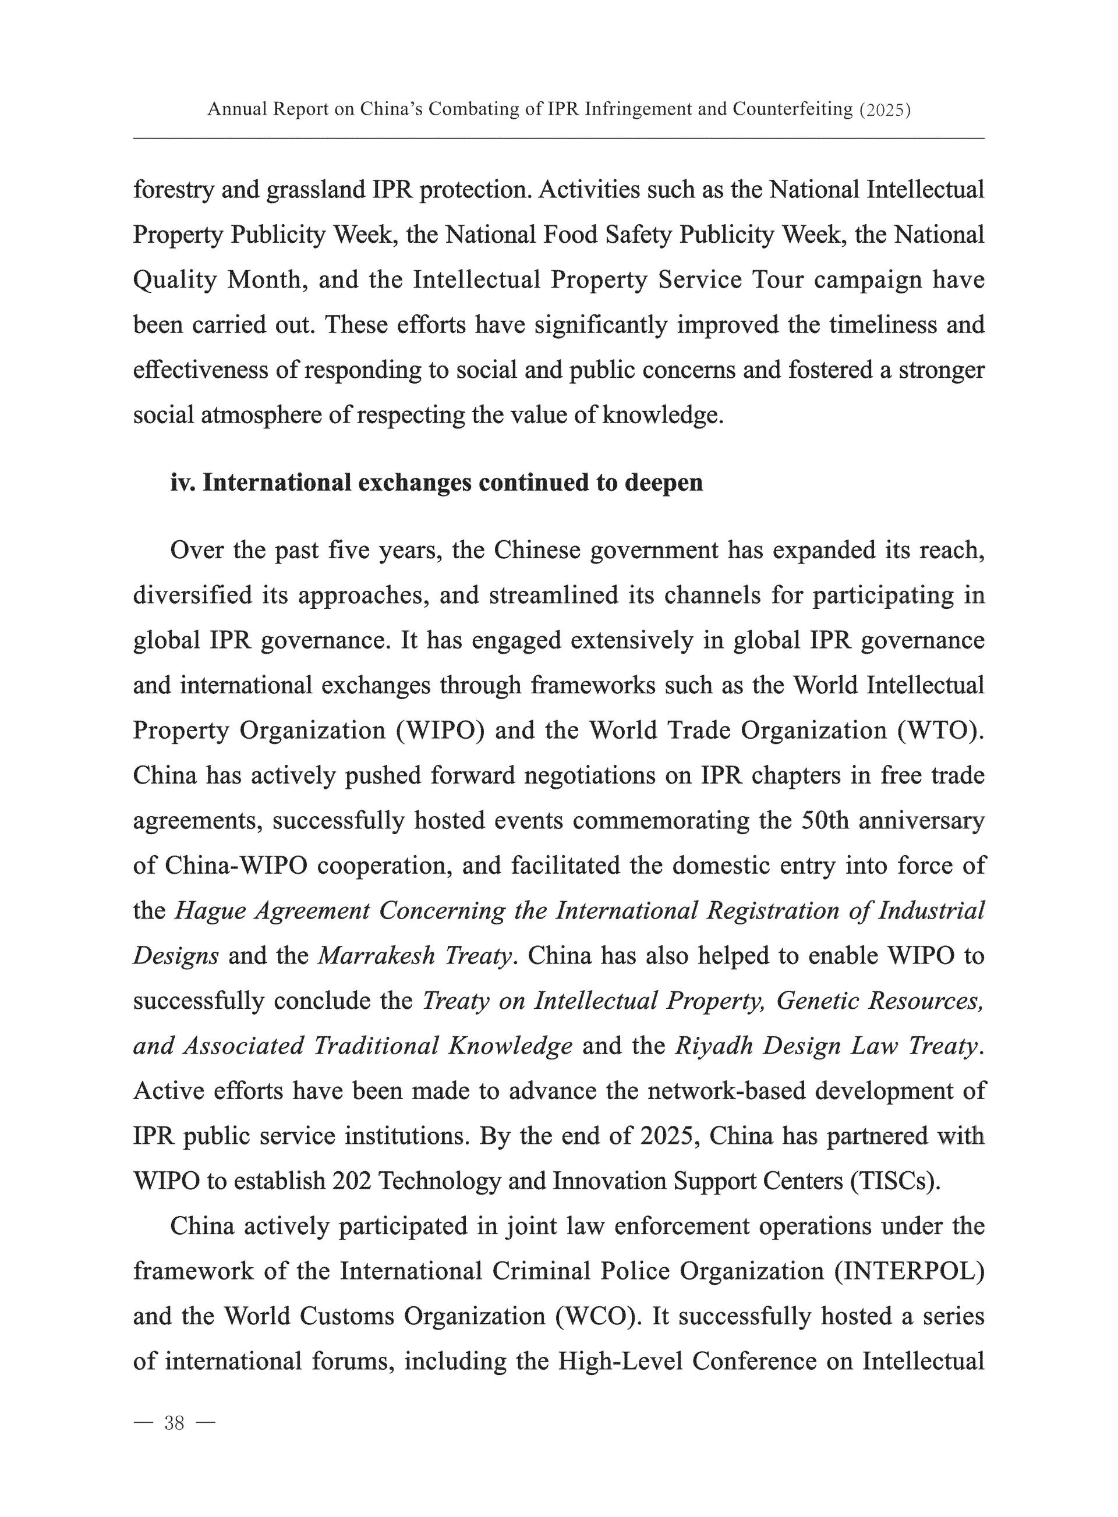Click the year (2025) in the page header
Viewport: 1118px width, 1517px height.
(x=884, y=109)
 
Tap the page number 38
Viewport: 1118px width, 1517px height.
(x=174, y=1423)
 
